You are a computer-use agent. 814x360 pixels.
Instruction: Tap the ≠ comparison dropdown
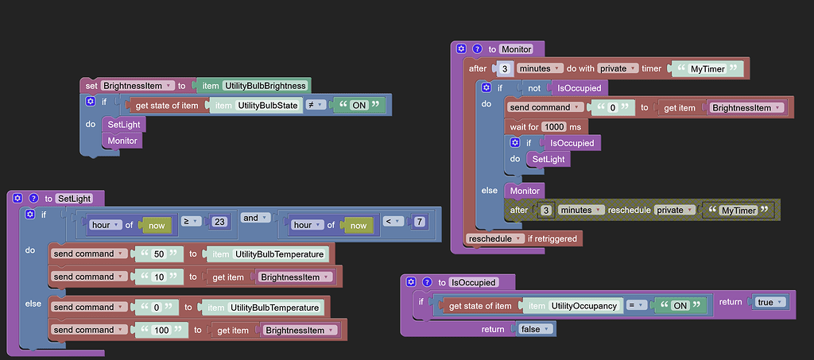coord(316,105)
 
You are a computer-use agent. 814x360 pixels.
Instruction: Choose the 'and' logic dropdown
coord(255,217)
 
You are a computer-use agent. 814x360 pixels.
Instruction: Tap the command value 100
coord(161,330)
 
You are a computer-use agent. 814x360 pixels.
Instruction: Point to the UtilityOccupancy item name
coord(583,306)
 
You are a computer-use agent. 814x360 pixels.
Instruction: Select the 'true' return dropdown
coord(769,302)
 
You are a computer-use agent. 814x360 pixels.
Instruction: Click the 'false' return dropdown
coord(535,329)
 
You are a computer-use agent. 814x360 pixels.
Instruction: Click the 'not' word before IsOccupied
coord(535,87)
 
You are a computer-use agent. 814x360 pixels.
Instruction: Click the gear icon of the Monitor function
coord(461,49)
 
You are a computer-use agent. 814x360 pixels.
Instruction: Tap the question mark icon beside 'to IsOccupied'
coord(426,282)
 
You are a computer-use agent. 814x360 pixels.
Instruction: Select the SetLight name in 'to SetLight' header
coord(75,199)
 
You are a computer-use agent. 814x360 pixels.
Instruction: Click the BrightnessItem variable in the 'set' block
coord(138,86)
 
